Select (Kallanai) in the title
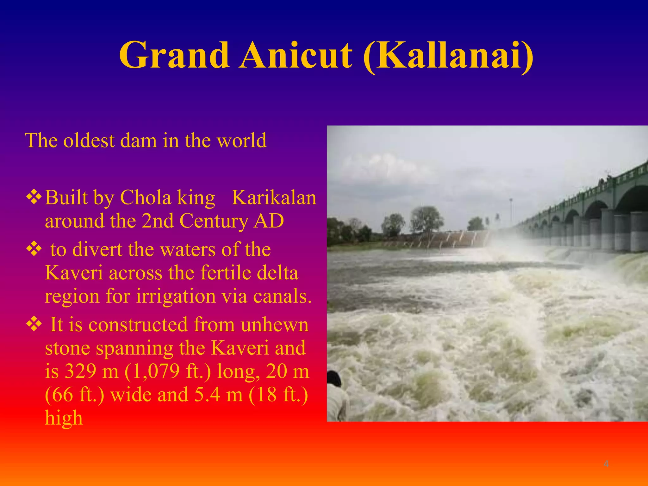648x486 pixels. (448, 56)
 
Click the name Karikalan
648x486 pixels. (274, 198)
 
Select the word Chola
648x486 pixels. (145, 198)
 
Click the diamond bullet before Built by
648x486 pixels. (34, 197)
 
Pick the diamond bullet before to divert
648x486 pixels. (34, 249)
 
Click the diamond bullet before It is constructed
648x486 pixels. (34, 324)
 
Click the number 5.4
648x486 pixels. (207, 395)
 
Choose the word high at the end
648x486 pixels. (64, 418)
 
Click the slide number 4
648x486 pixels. (606, 464)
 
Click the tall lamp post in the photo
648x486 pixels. (511, 212)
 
